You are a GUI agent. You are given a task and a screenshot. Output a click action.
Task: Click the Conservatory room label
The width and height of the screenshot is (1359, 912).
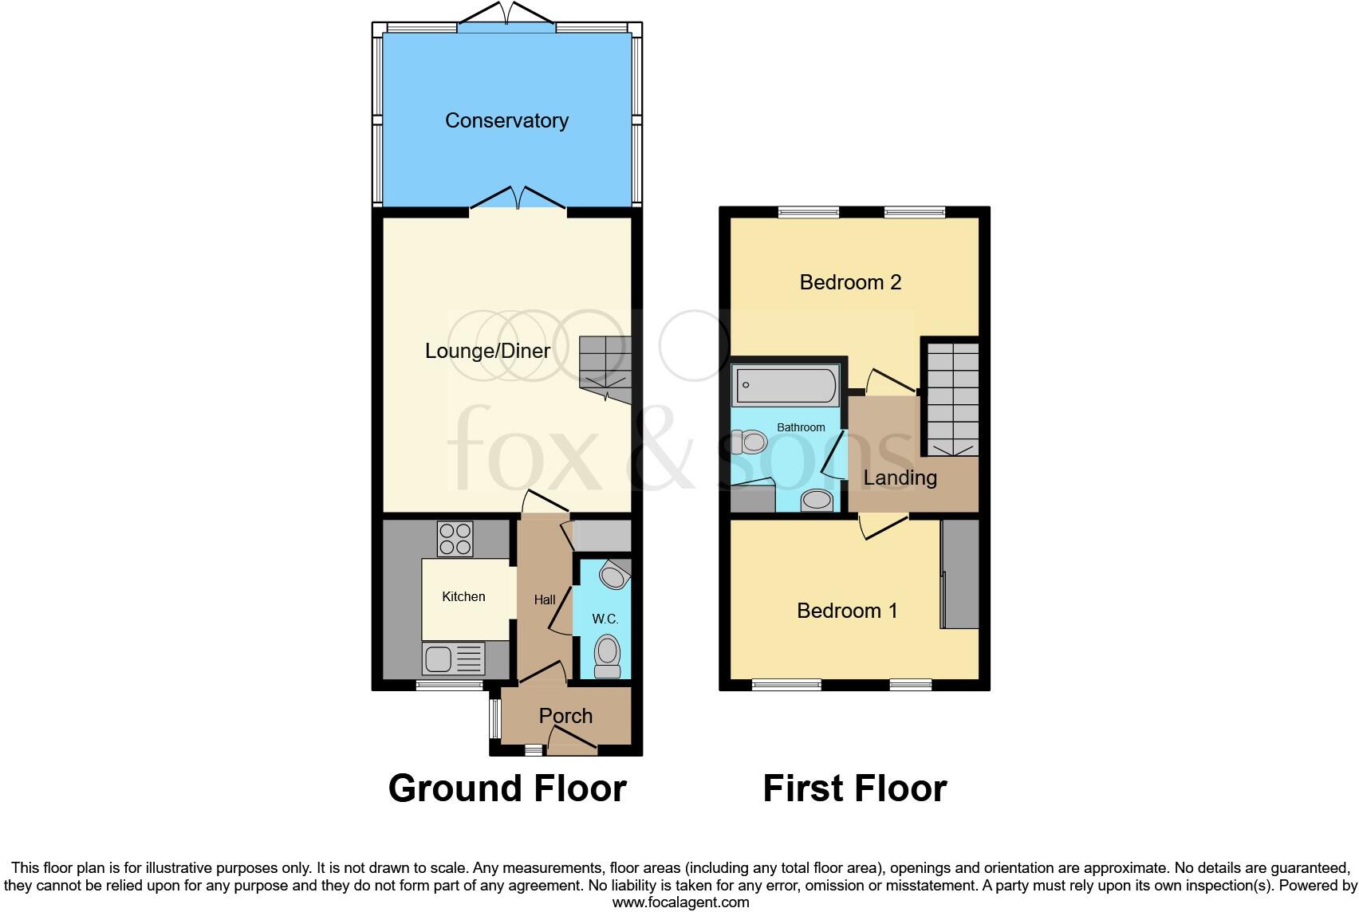coord(506,120)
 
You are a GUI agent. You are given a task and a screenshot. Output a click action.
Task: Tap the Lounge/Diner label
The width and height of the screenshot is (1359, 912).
coord(487,351)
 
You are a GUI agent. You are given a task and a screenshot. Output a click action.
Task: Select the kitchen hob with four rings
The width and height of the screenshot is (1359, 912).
coord(455,539)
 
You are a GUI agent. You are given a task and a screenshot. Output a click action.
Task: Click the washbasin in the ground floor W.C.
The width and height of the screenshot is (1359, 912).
coord(614,574)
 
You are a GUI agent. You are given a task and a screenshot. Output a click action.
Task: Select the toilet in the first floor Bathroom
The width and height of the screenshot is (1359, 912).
coord(748,441)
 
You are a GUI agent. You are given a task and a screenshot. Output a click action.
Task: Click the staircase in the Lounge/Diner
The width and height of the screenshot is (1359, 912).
coord(606,369)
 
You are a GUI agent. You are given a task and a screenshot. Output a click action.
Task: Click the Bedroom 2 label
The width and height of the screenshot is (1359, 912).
coord(850,282)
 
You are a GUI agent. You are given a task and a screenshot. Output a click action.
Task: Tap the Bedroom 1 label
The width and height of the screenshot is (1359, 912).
coord(847,611)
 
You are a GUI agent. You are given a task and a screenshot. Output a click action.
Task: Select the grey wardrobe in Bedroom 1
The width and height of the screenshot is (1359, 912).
coord(960,575)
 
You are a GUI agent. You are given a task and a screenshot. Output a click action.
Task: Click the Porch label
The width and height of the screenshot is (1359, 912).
coord(565,716)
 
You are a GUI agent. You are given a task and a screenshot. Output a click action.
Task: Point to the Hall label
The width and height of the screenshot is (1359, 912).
coord(545,599)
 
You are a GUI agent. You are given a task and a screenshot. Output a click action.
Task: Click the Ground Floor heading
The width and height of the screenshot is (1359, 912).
coord(507,788)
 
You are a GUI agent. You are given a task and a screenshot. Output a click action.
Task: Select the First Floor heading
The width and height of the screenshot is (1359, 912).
coord(854,788)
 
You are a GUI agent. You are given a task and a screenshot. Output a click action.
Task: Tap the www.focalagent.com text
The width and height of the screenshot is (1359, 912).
coord(680,902)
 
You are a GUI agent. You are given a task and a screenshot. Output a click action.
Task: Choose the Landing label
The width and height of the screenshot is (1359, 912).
coord(900,478)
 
